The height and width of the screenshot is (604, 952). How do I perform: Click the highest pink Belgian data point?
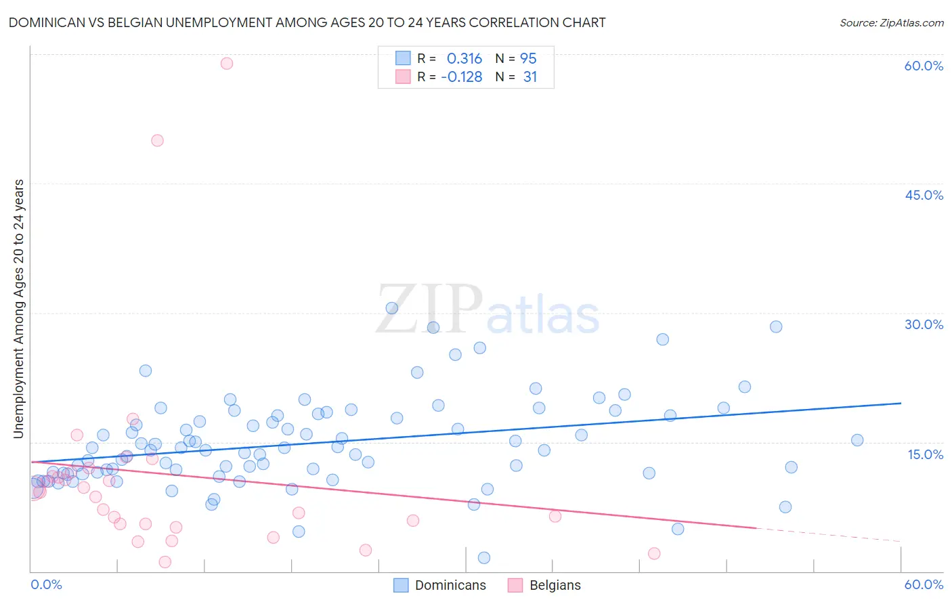click(x=227, y=64)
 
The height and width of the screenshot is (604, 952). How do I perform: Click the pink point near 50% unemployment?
click(x=157, y=141)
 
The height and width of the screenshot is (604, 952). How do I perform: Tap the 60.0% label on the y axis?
click(x=924, y=66)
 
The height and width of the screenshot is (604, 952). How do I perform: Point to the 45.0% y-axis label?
click(x=924, y=195)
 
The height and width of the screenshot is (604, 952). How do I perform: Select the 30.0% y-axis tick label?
click(x=924, y=324)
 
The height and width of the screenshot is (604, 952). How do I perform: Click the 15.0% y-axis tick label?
click(x=925, y=454)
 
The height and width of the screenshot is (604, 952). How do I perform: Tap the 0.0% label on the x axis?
click(x=46, y=584)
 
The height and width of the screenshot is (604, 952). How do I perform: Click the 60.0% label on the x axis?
click(x=924, y=584)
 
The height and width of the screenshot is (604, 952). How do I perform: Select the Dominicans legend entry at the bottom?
click(x=450, y=586)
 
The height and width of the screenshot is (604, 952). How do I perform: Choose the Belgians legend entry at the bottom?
click(x=555, y=586)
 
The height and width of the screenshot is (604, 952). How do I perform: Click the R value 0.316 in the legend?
click(x=464, y=59)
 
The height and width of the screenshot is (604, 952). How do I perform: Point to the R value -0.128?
click(x=461, y=77)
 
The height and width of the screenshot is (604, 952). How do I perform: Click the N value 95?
click(x=528, y=59)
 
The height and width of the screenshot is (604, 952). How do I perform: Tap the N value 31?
click(x=529, y=77)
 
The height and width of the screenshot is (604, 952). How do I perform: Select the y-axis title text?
click(x=18, y=309)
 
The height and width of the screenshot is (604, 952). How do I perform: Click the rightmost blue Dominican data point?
click(x=857, y=440)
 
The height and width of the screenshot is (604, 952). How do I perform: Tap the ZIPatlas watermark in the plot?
click(x=488, y=309)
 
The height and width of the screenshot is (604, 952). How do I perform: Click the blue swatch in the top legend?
click(x=403, y=58)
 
